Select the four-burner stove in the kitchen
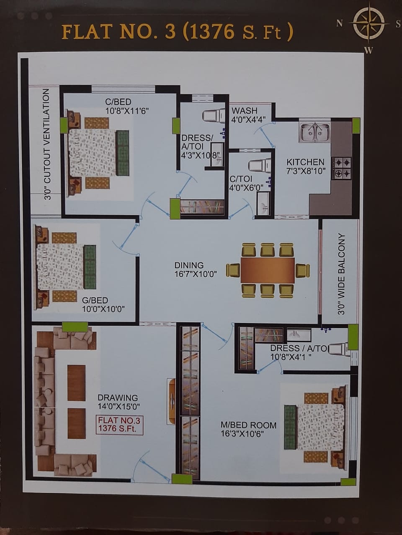[x=341, y=168]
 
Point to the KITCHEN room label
[x=305, y=162]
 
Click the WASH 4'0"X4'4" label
[x=248, y=115]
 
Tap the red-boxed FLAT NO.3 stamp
[x=119, y=425]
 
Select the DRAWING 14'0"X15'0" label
[x=119, y=402]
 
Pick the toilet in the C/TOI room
[x=260, y=166]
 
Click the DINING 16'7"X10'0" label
[x=196, y=270]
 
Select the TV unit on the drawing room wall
[x=171, y=401]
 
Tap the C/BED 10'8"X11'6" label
[x=127, y=107]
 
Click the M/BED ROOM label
[x=248, y=425]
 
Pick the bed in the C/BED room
[x=98, y=153]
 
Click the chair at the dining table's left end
[x=233, y=270]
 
